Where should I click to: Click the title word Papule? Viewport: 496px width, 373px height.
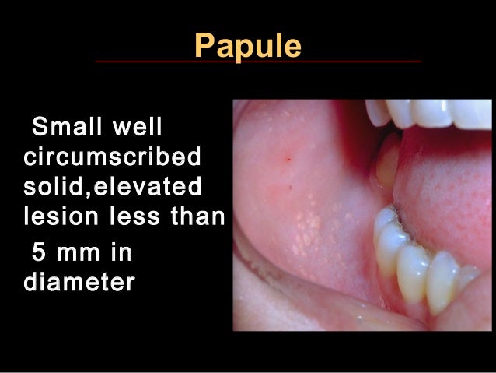[246, 45]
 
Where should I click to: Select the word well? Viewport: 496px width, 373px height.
[146, 126]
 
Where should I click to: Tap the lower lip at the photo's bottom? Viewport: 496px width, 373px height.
[334, 315]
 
